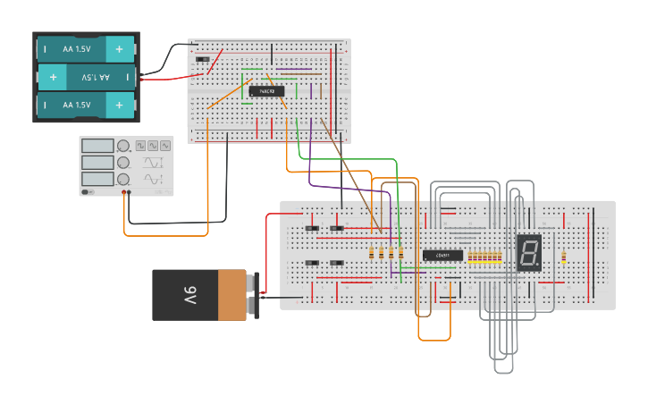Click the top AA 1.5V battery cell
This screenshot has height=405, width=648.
pos(85,48)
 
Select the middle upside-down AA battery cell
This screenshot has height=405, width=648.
pos(85,78)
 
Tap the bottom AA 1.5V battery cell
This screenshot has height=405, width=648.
pos(85,105)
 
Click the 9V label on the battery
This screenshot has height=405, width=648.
pos(190,295)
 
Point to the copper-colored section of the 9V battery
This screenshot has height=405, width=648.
pos(231,295)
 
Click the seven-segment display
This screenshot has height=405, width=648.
pos(529,254)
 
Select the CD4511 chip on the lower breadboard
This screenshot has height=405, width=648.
pos(442,256)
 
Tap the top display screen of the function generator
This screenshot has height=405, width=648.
pos(97,146)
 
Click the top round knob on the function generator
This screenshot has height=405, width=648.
pos(122,146)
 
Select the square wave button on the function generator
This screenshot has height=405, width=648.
pos(140,145)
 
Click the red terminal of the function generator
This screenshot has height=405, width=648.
pos(124,192)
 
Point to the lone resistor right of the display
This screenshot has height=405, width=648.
pos(564,257)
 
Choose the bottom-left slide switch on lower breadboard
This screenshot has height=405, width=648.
pos(311,262)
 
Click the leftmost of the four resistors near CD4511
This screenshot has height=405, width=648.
pos(372,254)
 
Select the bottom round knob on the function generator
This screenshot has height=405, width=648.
pos(122,180)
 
